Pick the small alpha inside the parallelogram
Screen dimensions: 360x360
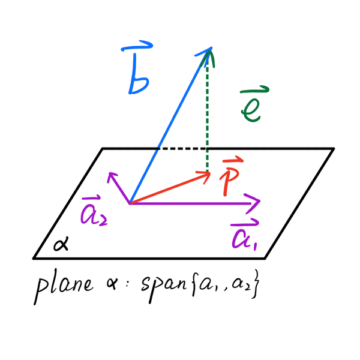[60, 244]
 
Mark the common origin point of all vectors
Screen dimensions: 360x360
[130, 203]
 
